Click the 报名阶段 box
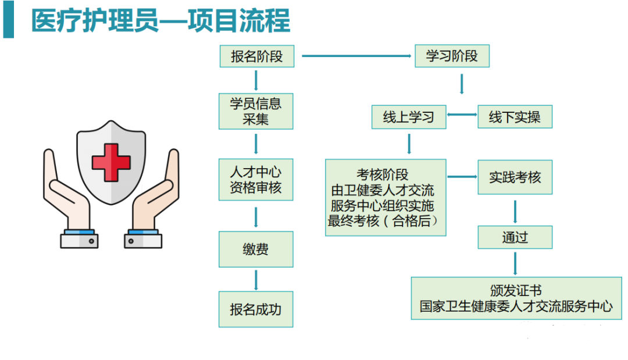pyautogui.click(x=256, y=56)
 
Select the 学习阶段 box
pyautogui.click(x=452, y=56)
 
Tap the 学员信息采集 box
pyautogui.click(x=256, y=111)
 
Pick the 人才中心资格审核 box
pyautogui.click(x=256, y=180)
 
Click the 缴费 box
pyautogui.click(x=256, y=249)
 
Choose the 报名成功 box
pyautogui.click(x=256, y=309)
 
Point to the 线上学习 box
pyautogui.click(x=409, y=117)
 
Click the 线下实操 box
pyautogui.click(x=515, y=117)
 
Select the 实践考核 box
pyautogui.click(x=515, y=177)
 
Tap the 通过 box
pyautogui.click(x=515, y=237)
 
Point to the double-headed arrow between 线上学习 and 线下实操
pyautogui.click(x=462, y=115)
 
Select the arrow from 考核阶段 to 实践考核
pyautogui.click(x=462, y=177)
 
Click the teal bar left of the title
pyautogui.click(x=8, y=21)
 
